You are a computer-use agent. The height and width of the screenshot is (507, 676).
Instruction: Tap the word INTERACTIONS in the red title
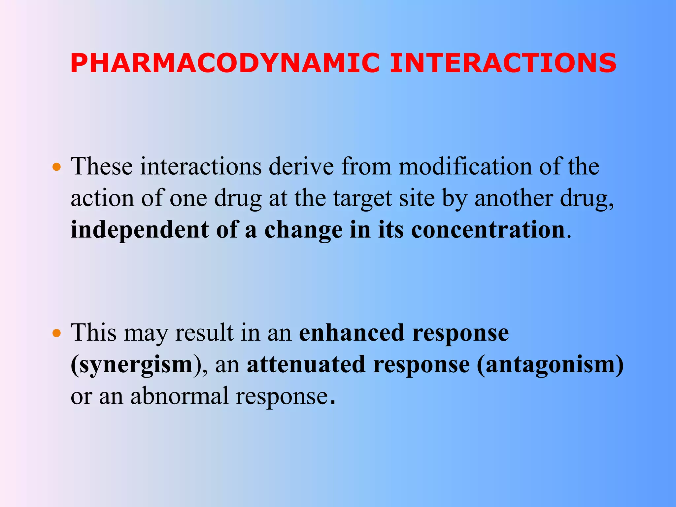(x=503, y=63)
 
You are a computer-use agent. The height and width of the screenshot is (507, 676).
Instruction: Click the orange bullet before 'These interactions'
(x=57, y=167)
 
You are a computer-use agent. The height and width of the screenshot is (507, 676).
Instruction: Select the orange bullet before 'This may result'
(x=57, y=333)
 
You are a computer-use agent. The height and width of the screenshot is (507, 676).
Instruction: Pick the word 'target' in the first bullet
(x=362, y=199)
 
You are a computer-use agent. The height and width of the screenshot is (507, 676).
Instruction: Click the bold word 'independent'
(x=140, y=230)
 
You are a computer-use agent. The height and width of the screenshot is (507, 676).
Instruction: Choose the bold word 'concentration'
(x=488, y=230)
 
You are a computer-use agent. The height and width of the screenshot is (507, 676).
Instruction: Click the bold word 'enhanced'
(x=352, y=332)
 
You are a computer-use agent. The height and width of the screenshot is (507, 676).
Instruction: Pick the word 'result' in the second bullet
(x=204, y=332)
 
